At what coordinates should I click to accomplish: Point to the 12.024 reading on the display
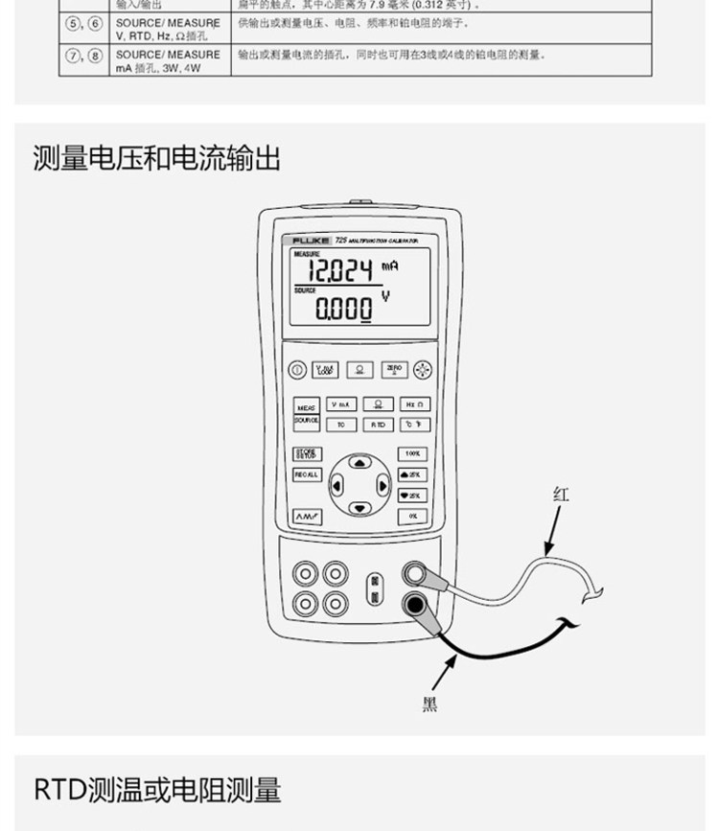[338, 271]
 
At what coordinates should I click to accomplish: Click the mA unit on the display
[388, 264]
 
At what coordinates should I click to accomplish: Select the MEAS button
[306, 406]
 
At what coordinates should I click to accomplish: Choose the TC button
[340, 424]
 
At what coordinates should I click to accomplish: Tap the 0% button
[412, 516]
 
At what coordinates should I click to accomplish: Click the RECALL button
[306, 473]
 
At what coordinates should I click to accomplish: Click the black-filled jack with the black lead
[415, 604]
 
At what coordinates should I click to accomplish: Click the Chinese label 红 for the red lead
[562, 495]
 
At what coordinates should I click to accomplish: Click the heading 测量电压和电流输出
[157, 157]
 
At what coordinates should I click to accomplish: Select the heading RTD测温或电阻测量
[158, 790]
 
